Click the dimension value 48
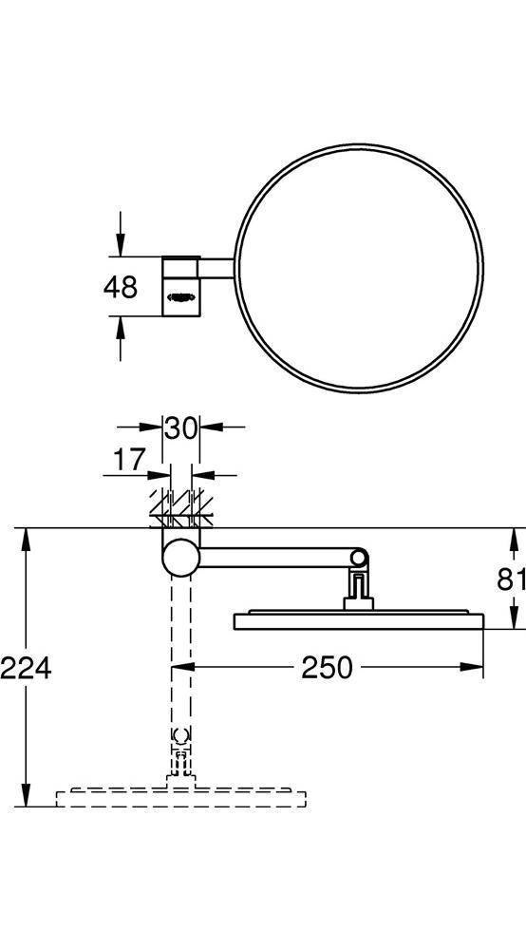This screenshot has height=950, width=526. [122, 286]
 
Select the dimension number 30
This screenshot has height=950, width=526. [180, 427]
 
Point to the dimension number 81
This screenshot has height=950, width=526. [511, 578]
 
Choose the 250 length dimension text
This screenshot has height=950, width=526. [327, 668]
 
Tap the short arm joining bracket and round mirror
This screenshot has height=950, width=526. [216, 268]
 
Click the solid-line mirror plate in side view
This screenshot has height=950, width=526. [359, 621]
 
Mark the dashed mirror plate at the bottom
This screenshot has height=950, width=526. [180, 797]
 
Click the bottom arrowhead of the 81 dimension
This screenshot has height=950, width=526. [513, 622]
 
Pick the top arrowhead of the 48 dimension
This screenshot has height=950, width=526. [121, 248]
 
